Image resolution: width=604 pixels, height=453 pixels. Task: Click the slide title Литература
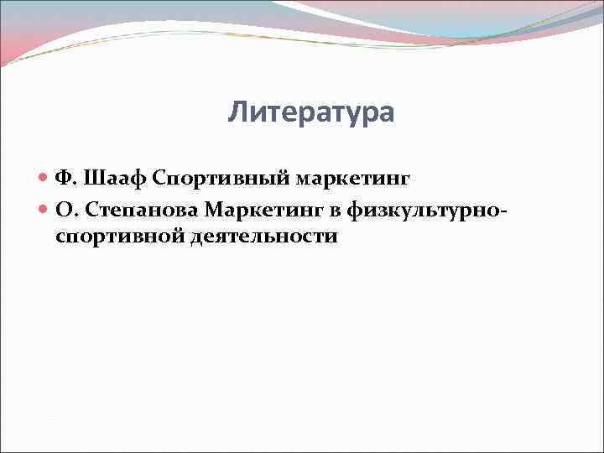tap(310, 112)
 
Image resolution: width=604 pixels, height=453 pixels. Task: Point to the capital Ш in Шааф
tap(93, 179)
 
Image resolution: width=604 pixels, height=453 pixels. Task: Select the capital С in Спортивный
tap(159, 179)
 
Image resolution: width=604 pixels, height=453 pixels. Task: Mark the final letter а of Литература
tap(385, 112)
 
